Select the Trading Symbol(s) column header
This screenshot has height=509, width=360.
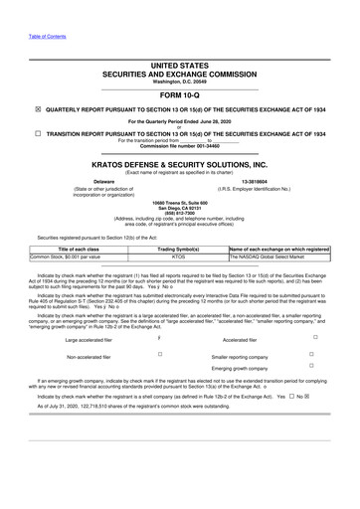point(178,248)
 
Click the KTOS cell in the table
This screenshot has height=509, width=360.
point(178,255)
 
